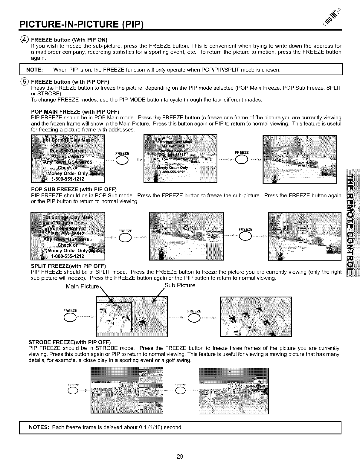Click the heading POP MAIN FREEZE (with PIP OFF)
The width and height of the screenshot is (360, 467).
75,112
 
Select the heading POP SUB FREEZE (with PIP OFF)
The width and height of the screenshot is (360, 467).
74,190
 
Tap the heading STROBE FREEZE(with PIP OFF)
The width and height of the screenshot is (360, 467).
70,342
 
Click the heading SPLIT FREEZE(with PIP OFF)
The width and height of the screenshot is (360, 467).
69,266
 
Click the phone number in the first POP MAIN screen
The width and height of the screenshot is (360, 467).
68,179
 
